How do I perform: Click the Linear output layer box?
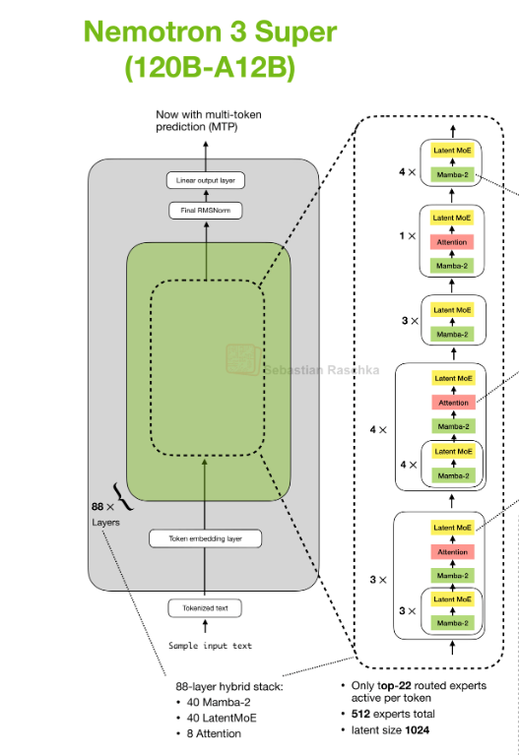pos(206,180)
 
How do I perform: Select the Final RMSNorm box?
pos(206,211)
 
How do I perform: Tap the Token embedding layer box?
pos(205,538)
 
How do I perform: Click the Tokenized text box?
pos(205,608)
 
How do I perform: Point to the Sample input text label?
pos(210,646)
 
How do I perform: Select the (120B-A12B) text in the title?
pos(210,67)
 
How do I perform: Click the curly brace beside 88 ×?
pos(123,497)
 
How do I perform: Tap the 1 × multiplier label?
pos(407,236)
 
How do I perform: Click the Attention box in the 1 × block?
pos(452,242)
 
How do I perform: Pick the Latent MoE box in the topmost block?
pos(452,151)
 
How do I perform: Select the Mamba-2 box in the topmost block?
pos(452,175)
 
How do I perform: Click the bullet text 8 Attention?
pos(214,733)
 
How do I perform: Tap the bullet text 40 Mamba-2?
pos(219,703)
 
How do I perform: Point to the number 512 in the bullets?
pos(361,714)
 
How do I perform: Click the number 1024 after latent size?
pos(418,730)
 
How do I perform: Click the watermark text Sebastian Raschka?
pos(322,370)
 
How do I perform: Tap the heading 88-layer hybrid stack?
pos(229,687)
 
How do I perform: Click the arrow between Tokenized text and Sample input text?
pos(205,626)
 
